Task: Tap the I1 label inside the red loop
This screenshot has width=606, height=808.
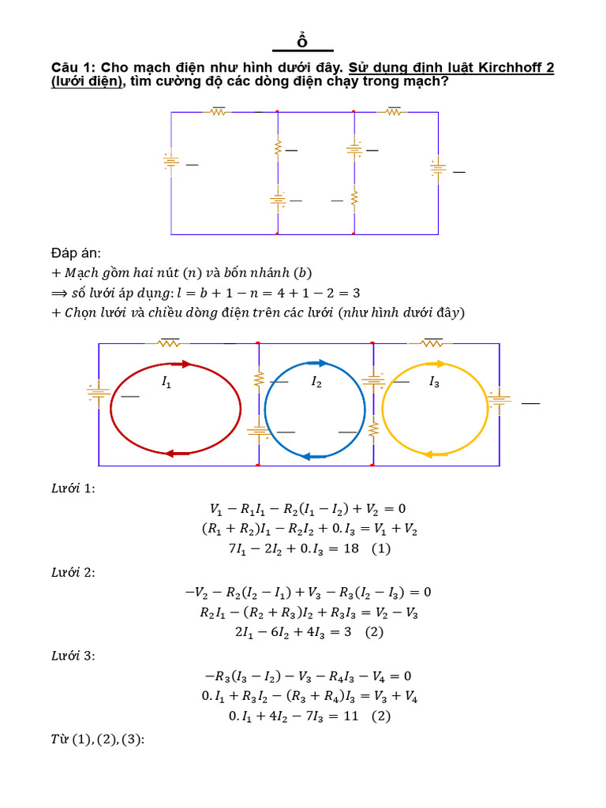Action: [x=166, y=383]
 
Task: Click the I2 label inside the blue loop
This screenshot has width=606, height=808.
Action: [x=316, y=383]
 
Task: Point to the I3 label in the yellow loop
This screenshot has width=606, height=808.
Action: [x=434, y=383]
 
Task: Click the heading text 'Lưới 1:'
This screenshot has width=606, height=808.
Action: [x=73, y=488]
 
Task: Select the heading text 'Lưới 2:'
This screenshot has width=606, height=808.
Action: [x=73, y=572]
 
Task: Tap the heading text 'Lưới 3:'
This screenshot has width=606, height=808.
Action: [x=73, y=656]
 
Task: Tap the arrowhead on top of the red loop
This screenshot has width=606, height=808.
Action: [x=185, y=364]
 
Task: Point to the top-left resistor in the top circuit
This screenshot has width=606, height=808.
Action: [x=217, y=112]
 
